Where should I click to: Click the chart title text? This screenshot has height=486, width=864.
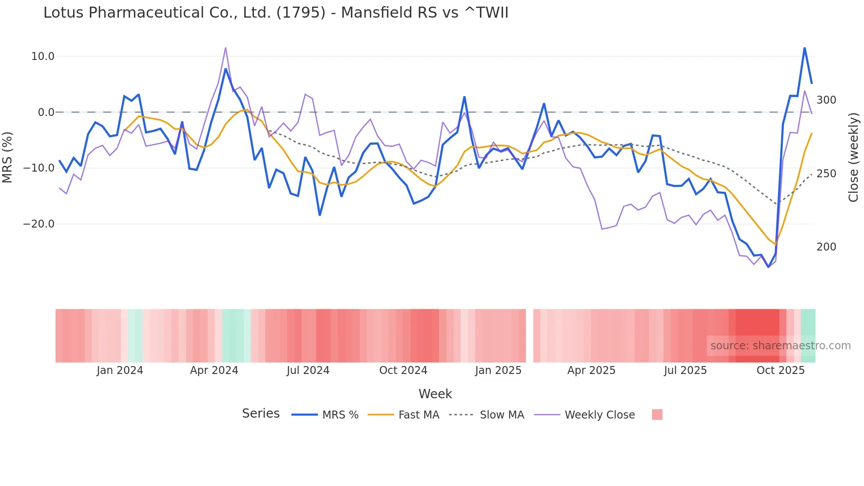276,13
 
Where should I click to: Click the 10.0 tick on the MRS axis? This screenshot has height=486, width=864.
43,56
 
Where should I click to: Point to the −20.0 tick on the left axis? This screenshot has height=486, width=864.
39,224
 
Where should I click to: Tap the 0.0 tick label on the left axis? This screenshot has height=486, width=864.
46,112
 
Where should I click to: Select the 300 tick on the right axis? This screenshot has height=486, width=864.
826,100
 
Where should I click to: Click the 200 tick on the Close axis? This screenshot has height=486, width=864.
826,247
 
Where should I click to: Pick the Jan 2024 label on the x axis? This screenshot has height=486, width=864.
120,370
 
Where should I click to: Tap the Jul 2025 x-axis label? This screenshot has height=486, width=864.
685,370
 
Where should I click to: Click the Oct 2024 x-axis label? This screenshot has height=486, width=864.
403,370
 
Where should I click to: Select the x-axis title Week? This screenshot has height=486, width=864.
435,394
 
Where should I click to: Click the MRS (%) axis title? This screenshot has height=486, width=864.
7,157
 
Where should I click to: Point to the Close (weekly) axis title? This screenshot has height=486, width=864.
853,157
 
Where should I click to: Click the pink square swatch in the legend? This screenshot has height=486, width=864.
657,415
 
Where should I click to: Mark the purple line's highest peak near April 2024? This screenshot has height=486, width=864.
225,48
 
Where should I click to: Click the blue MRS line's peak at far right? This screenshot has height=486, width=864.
804,48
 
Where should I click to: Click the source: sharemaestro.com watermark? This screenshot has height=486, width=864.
780,346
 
